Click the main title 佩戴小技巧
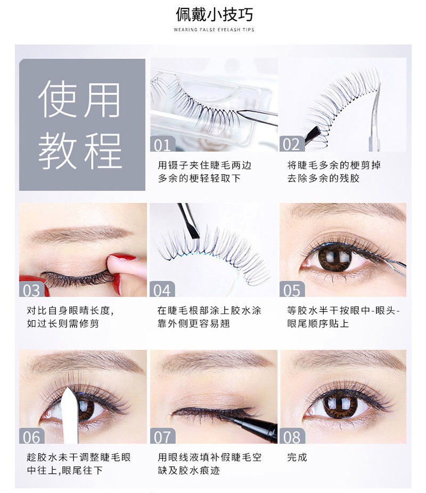(x=214, y=14)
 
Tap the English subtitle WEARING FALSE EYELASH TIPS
(x=214, y=30)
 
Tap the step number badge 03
(x=31, y=289)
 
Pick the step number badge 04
(x=162, y=289)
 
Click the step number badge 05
(x=292, y=289)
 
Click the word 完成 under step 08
(x=297, y=457)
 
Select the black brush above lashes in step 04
(x=189, y=221)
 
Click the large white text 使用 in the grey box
(x=79, y=100)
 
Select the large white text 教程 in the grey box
(x=80, y=151)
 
